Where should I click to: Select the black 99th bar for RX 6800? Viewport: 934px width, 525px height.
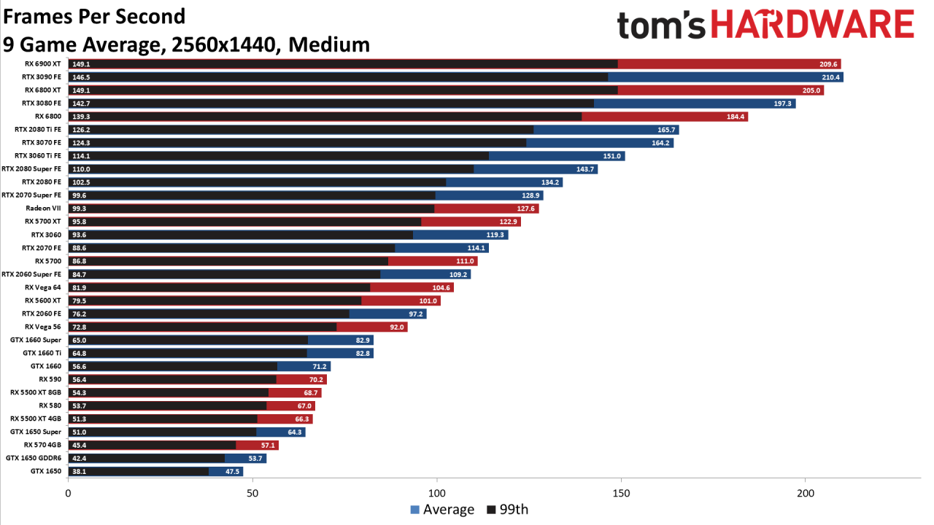point(325,117)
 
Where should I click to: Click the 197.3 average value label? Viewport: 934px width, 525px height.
point(783,104)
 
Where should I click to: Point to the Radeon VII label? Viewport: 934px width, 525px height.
point(44,209)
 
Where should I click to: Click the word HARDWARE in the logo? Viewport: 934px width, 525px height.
point(812,25)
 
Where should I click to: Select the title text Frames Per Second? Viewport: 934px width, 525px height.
point(94,16)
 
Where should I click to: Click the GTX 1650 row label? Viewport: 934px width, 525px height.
point(46,471)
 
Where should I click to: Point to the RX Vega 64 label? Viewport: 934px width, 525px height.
point(43,287)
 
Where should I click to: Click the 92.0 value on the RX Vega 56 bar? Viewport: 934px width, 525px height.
point(397,327)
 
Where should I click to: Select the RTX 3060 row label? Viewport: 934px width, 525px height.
point(46,235)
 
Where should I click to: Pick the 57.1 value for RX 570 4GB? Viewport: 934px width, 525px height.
point(267,445)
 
